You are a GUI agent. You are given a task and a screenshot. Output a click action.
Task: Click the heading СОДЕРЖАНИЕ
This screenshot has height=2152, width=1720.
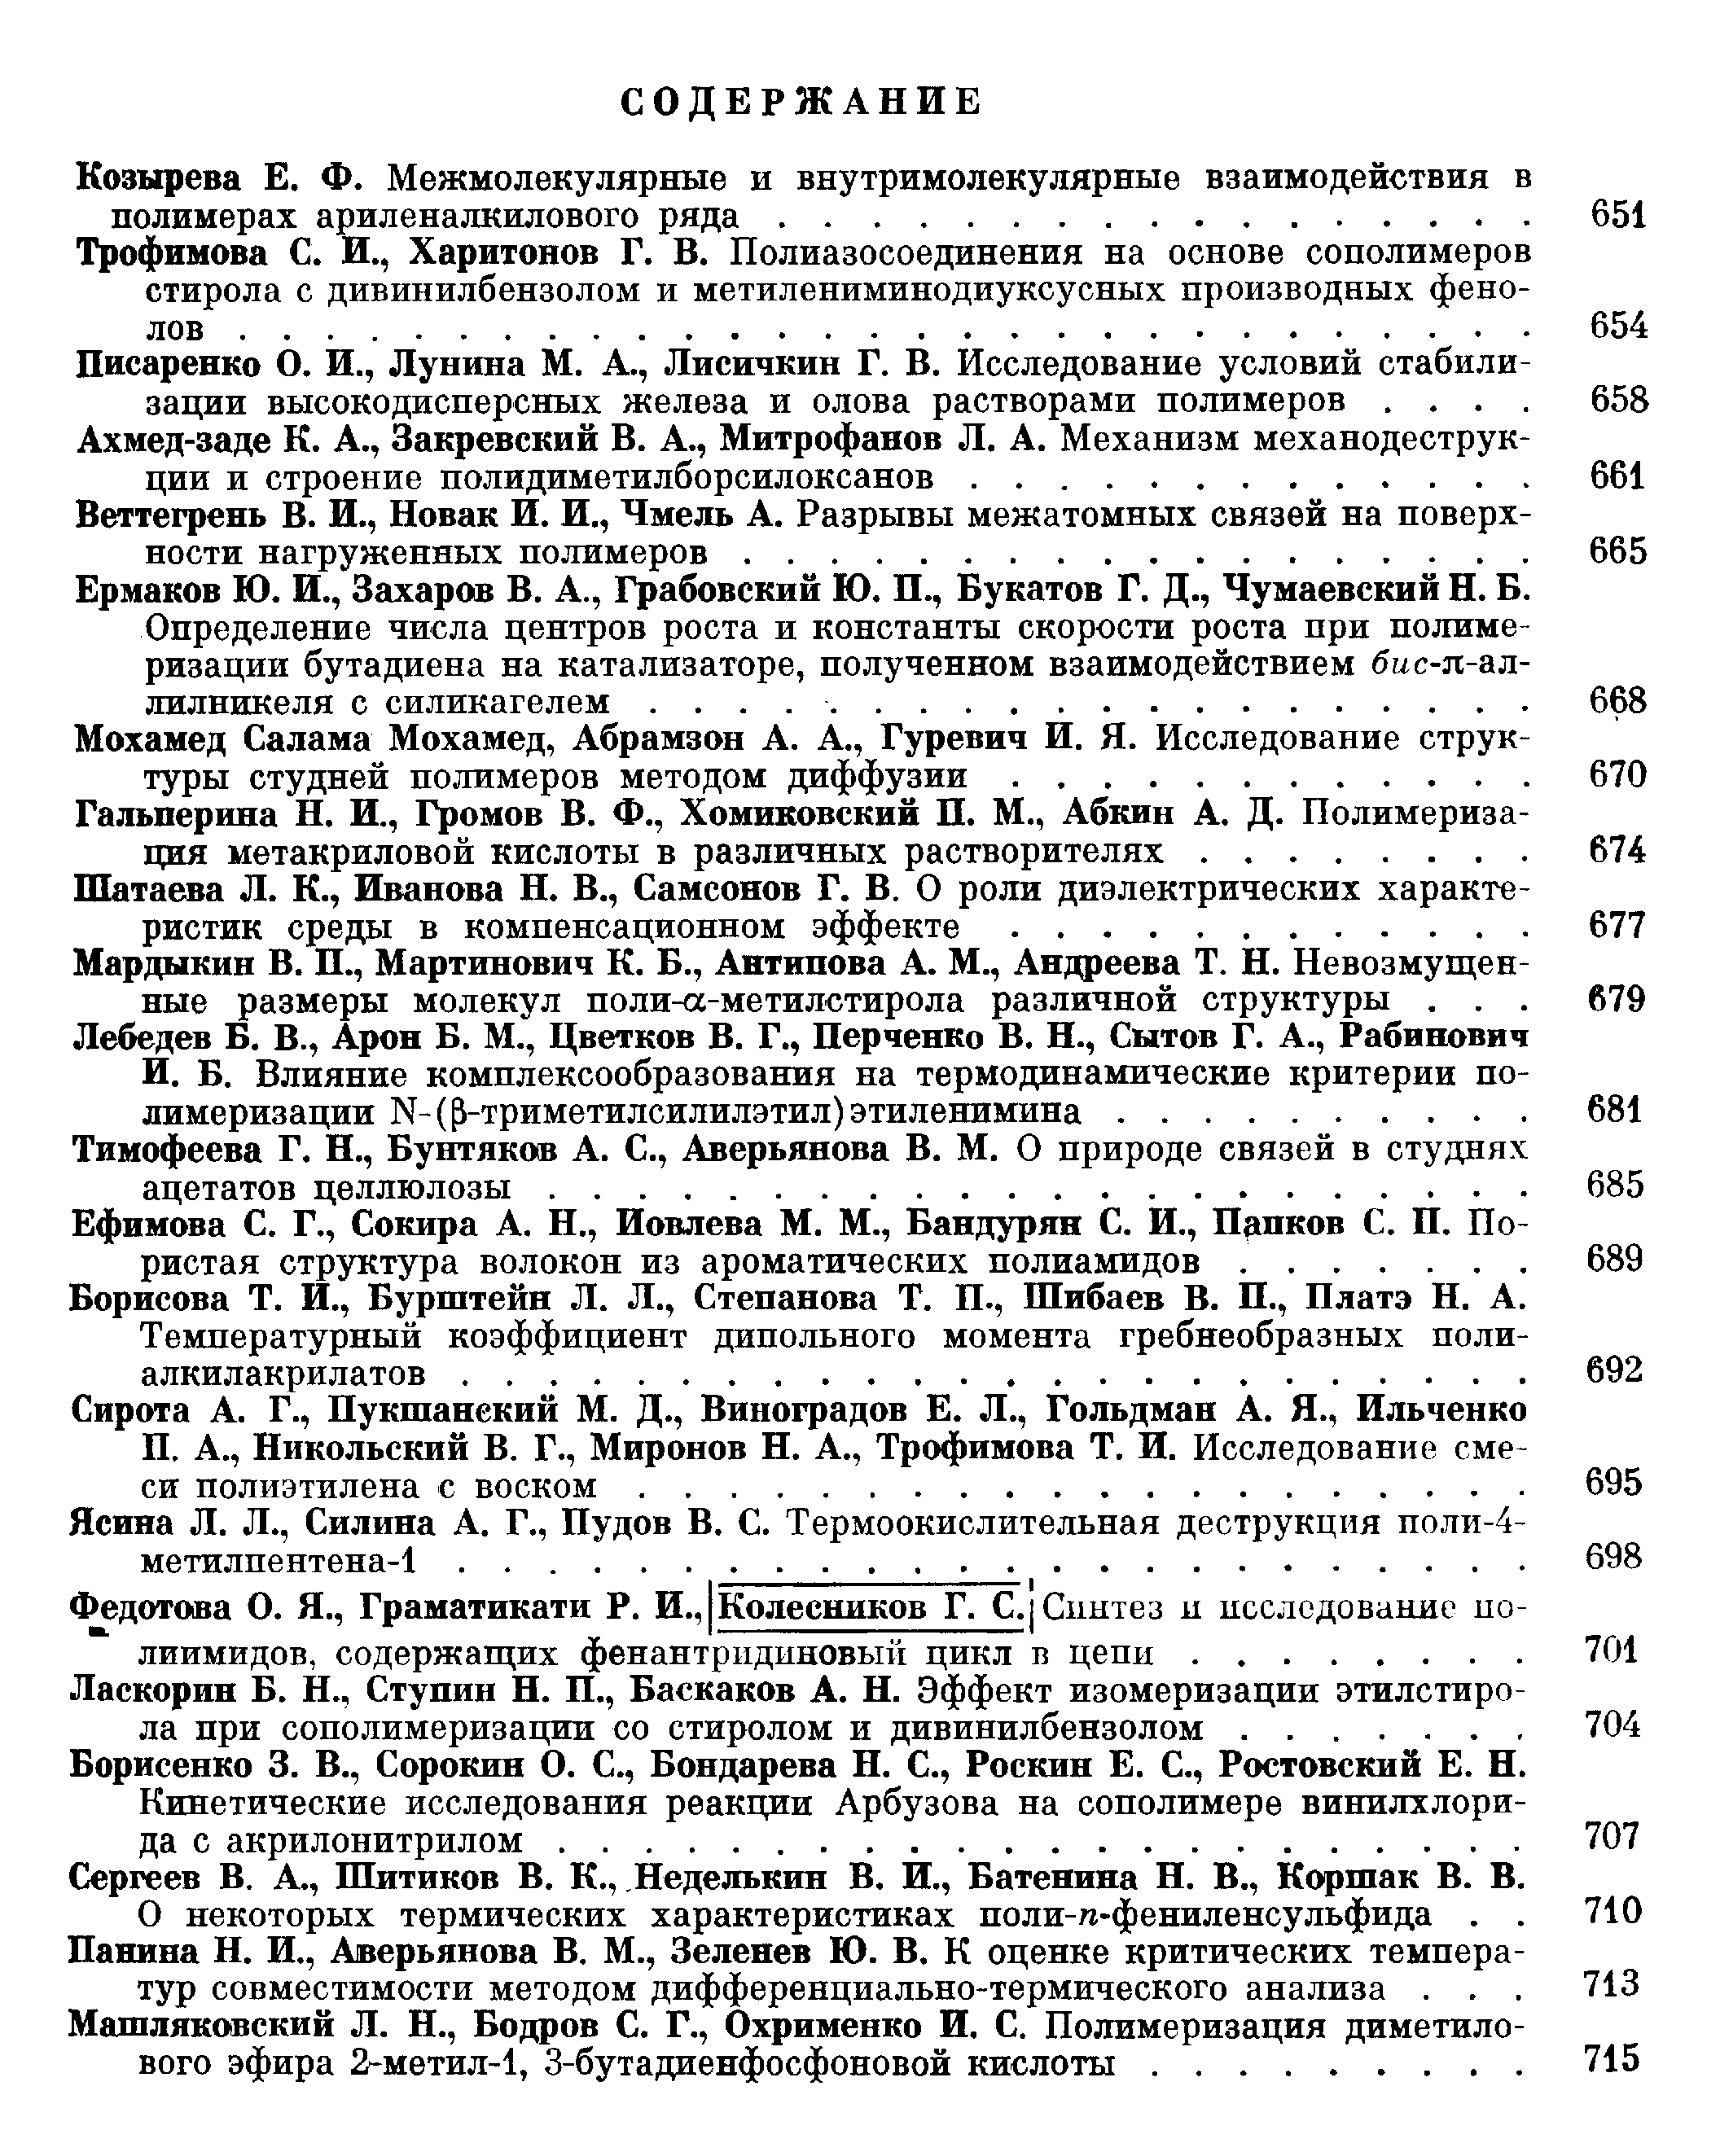[x=801, y=103]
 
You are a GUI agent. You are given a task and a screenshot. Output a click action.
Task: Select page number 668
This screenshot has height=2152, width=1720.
[x=1617, y=701]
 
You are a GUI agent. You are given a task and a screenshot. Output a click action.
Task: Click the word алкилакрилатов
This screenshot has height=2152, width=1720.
[x=283, y=1374]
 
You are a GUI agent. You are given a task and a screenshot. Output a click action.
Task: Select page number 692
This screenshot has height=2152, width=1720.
[x=1613, y=1370]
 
